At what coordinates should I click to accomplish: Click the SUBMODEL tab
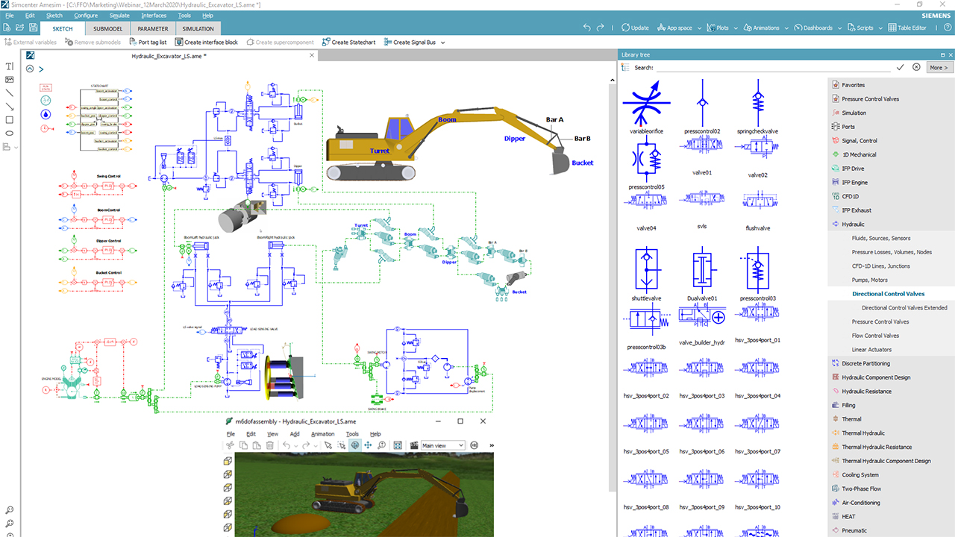pyautogui.click(x=107, y=28)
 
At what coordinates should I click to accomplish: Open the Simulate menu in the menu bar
pyautogui.click(x=119, y=15)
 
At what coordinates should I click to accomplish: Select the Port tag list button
pyautogui.click(x=148, y=43)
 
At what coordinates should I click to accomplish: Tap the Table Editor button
pyautogui.click(x=907, y=28)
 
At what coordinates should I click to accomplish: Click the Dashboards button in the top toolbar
pyautogui.click(x=813, y=28)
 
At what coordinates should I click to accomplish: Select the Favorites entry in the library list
pyautogui.click(x=853, y=85)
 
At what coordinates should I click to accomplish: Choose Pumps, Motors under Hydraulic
pyautogui.click(x=870, y=280)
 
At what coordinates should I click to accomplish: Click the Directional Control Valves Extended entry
pyautogui.click(x=904, y=307)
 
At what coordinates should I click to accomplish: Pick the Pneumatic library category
pyautogui.click(x=854, y=530)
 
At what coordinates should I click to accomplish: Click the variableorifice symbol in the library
pyautogui.click(x=646, y=104)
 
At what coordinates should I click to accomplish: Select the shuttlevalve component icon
pyautogui.click(x=646, y=268)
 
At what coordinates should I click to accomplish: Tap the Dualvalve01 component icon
pyautogui.click(x=702, y=268)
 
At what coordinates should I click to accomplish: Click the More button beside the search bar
pyautogui.click(x=939, y=67)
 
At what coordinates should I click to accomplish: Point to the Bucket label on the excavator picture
pyautogui.click(x=582, y=163)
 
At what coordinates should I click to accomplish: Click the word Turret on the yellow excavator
pyautogui.click(x=380, y=151)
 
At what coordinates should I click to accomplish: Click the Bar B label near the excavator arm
pyautogui.click(x=582, y=138)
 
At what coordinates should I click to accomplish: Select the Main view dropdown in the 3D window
pyautogui.click(x=443, y=445)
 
